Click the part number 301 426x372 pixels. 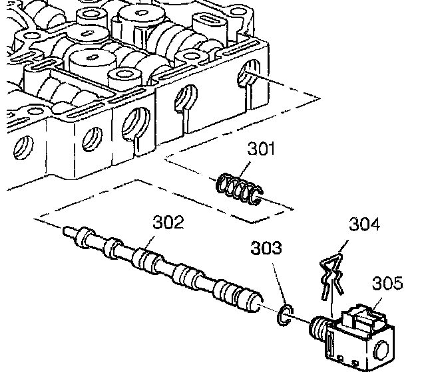(261, 149)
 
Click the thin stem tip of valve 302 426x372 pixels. (68, 232)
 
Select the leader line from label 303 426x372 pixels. (275, 282)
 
